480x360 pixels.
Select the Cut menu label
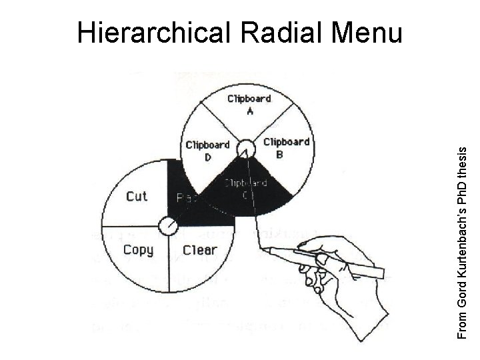(x=137, y=196)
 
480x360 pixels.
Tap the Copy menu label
(x=138, y=251)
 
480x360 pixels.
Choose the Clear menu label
(x=200, y=251)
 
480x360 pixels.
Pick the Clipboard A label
(x=249, y=105)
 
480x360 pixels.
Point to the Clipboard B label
(x=286, y=147)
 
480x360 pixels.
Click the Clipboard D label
(x=207, y=150)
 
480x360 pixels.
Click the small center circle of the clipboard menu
(x=246, y=148)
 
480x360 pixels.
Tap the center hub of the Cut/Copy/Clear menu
(x=164, y=225)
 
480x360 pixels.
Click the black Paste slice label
(x=183, y=198)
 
